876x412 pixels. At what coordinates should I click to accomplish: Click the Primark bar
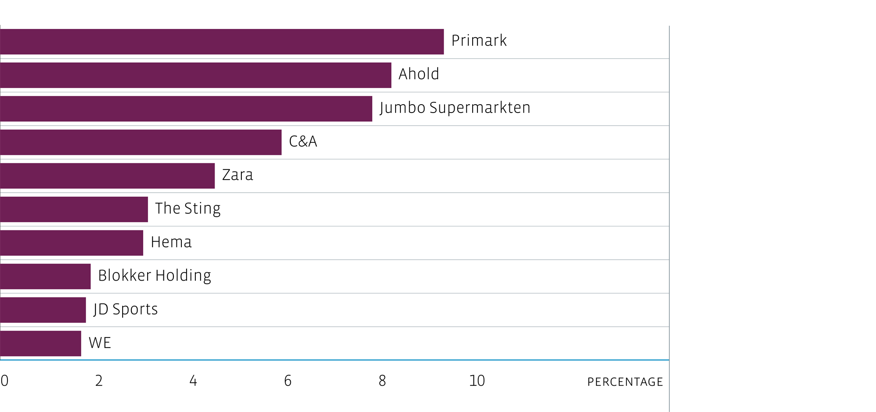[x=222, y=42]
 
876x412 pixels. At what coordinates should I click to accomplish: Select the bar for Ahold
[x=195, y=75]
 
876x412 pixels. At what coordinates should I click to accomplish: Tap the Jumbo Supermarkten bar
[x=186, y=109]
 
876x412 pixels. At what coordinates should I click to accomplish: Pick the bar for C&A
[x=141, y=142]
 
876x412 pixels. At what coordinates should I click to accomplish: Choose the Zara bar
[x=107, y=176]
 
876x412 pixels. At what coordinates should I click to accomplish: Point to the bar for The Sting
[x=74, y=209]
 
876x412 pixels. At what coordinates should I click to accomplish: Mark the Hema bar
[x=71, y=243]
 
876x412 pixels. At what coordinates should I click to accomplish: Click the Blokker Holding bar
[x=45, y=276]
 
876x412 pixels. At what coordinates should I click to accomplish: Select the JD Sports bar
[x=43, y=310]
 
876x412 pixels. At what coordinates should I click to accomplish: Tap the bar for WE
[x=40, y=344]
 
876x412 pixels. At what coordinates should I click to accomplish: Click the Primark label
[x=479, y=41]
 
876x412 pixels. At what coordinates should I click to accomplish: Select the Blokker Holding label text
[x=155, y=276]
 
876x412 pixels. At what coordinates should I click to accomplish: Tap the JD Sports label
[x=126, y=310]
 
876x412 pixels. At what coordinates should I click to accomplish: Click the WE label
[x=100, y=343]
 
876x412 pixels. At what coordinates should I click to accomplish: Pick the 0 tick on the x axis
[x=4, y=381]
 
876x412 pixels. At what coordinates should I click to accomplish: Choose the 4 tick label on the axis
[x=193, y=381]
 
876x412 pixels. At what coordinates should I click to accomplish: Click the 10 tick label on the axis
[x=477, y=381]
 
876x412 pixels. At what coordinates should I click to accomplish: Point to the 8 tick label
[x=382, y=381]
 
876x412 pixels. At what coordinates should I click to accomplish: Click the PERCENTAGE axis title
[x=625, y=382]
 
